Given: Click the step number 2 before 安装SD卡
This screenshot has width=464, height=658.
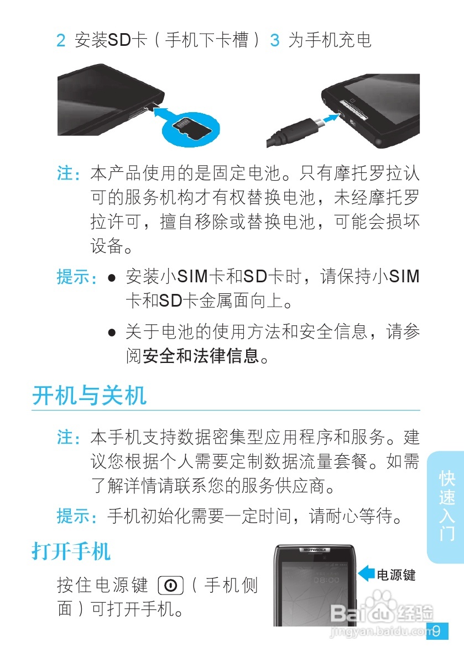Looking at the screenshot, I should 61,41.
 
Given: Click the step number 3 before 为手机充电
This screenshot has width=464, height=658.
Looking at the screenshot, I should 274,41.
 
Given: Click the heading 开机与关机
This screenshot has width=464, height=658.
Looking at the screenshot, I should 89,396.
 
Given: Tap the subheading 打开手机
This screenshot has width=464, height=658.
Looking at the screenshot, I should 71,551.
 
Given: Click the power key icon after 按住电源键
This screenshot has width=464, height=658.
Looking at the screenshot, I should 170,585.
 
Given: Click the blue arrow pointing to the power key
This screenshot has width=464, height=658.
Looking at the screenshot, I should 366,574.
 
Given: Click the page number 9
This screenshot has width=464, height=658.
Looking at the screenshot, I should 437,631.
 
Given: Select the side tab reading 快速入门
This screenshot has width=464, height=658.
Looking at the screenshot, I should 446,506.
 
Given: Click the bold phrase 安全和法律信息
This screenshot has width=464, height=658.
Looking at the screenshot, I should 201,356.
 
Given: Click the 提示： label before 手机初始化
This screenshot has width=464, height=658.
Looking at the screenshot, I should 77,517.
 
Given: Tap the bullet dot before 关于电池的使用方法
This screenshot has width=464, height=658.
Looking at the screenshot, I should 112,333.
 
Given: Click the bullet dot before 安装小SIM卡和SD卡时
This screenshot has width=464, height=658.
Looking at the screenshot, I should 112,277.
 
